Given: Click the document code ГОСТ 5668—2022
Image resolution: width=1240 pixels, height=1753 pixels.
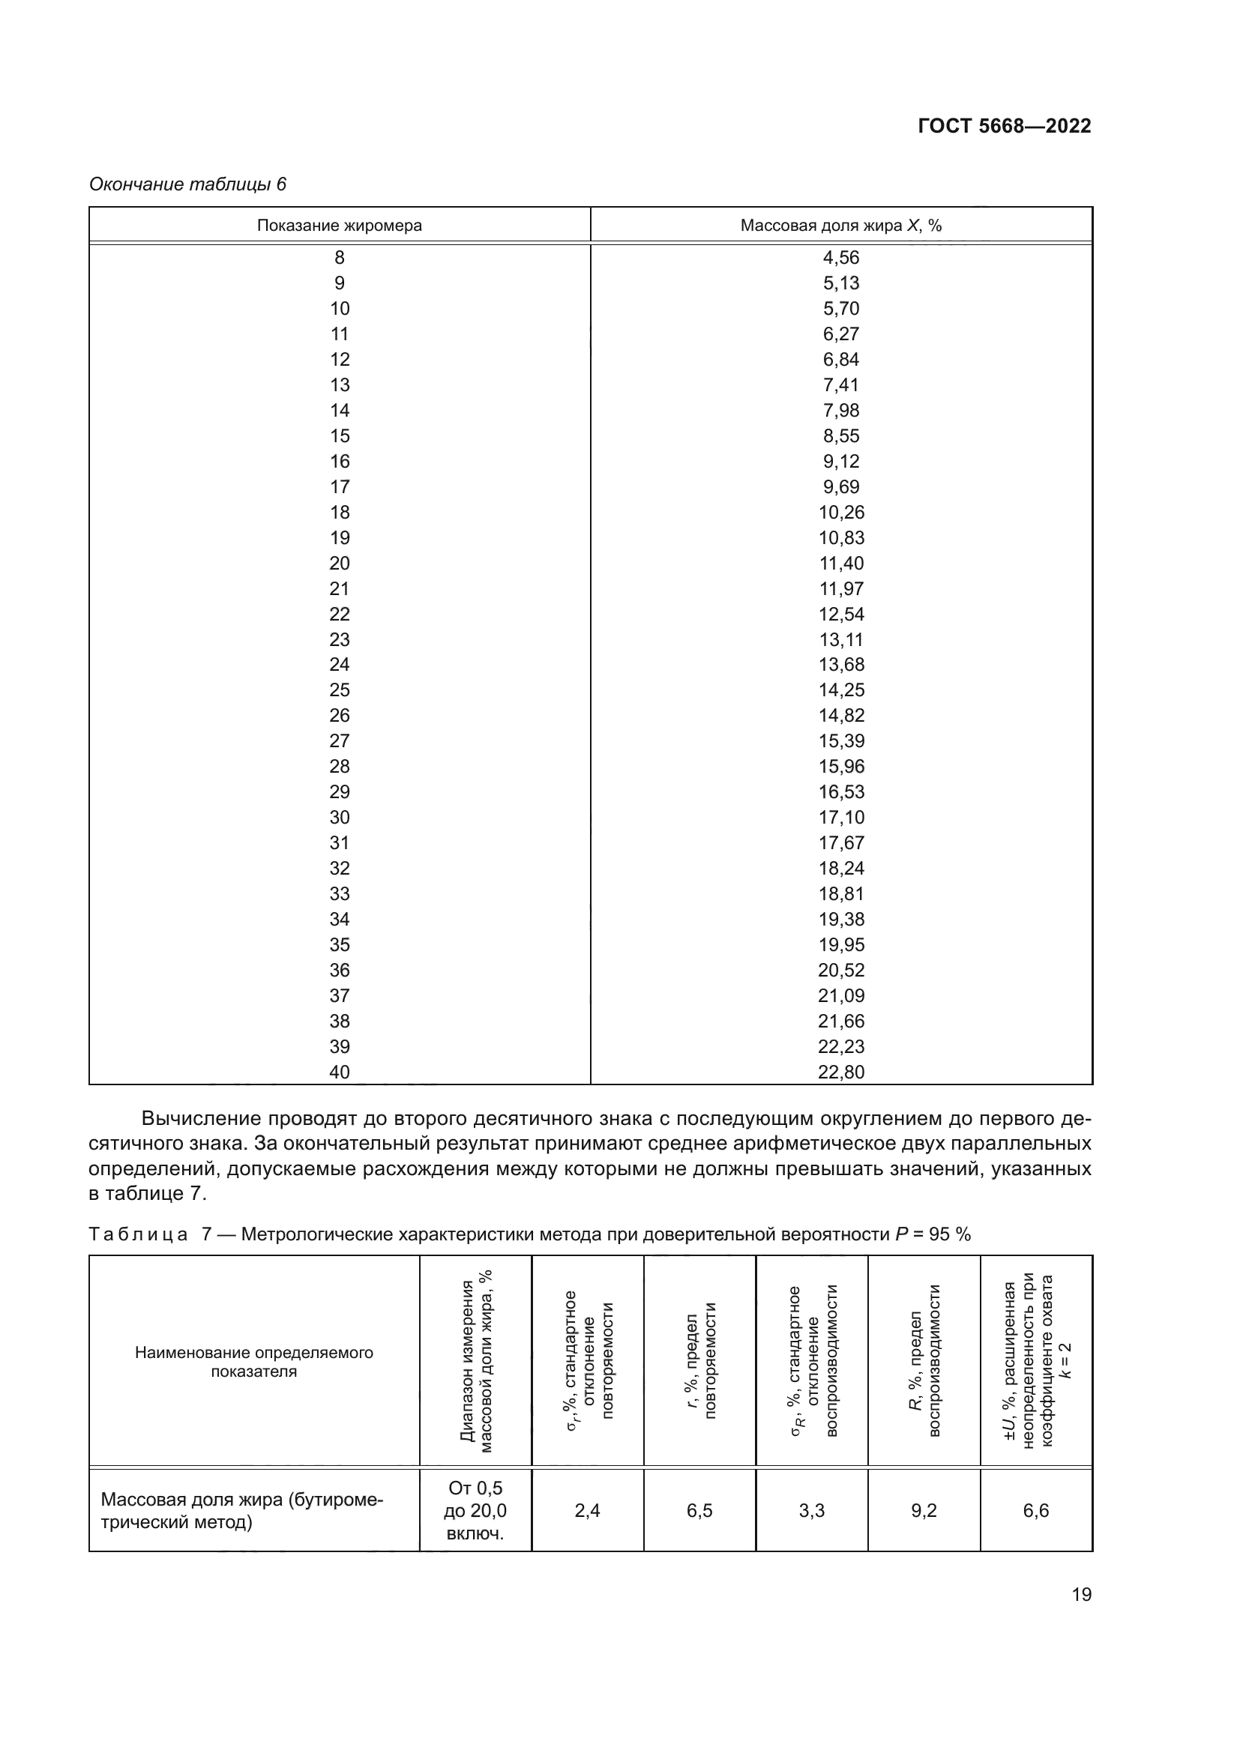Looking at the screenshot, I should (x=1004, y=126).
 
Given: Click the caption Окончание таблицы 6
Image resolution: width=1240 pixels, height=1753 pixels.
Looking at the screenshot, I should (x=188, y=184).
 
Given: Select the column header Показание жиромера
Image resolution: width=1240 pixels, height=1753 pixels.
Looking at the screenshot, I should (x=339, y=226).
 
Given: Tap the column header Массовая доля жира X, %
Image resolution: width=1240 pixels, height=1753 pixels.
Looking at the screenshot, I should (x=840, y=226).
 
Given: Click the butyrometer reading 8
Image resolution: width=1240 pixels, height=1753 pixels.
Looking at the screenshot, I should (x=339, y=258).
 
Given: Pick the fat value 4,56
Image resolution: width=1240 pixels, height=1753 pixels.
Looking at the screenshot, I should (x=840, y=258).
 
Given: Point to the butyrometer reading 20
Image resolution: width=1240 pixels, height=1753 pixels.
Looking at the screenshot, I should (x=339, y=564).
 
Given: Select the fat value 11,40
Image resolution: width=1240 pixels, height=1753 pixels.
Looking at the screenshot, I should (x=840, y=564).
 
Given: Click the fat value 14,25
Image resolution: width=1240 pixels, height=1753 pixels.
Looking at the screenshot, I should (x=840, y=690).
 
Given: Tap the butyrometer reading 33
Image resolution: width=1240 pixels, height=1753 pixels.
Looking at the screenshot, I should (x=339, y=894).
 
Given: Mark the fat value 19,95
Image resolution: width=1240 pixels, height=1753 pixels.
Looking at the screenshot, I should (x=840, y=945).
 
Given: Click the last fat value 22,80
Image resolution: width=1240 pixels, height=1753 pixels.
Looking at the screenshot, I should (x=840, y=1072).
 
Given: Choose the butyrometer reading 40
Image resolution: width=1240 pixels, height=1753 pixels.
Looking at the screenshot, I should (x=339, y=1072).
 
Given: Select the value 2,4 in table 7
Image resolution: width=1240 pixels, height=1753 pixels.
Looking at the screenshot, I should (x=587, y=1511).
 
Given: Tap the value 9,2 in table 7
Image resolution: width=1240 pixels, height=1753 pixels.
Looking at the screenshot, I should (x=923, y=1511).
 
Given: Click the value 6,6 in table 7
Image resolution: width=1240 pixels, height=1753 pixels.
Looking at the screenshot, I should (x=1035, y=1511).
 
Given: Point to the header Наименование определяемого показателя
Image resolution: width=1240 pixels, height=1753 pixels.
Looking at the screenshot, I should (x=253, y=1362).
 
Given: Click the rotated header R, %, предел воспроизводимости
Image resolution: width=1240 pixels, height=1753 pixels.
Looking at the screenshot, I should (x=924, y=1360).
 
